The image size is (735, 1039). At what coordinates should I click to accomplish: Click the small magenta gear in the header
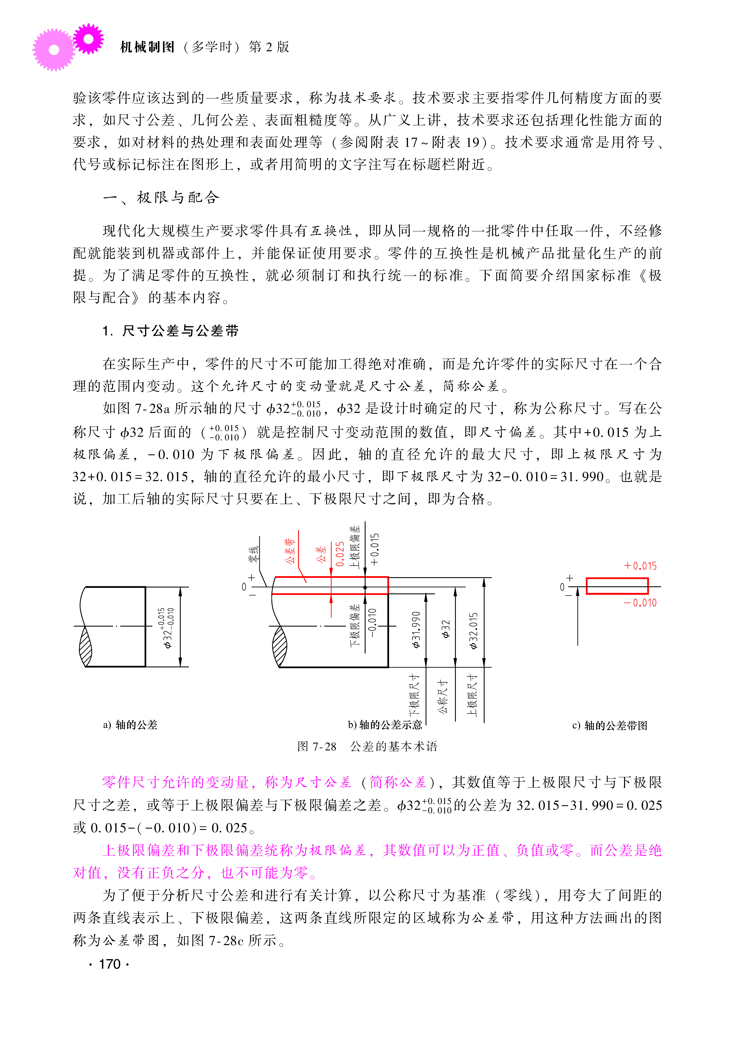[x=88, y=39]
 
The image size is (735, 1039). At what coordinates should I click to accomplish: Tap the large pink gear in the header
[x=53, y=50]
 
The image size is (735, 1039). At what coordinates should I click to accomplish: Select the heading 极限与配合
[x=178, y=197]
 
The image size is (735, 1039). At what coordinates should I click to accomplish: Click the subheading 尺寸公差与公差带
[x=180, y=331]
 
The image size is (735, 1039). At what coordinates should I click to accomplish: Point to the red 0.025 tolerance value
[x=340, y=554]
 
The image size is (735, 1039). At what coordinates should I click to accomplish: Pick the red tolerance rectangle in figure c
[x=617, y=586]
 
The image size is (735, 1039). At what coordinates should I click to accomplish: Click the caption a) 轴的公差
[x=130, y=725]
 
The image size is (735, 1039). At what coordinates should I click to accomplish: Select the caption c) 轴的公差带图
[x=610, y=726]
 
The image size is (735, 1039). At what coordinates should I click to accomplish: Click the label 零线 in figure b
[x=254, y=554]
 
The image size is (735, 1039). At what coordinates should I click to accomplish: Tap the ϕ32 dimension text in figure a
[x=167, y=628]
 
